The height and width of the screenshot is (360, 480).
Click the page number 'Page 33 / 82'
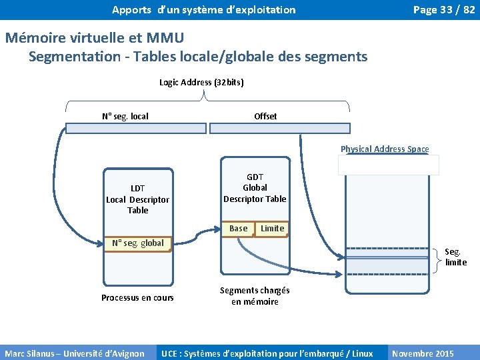click(x=443, y=9)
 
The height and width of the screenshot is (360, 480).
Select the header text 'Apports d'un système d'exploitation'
click(x=203, y=9)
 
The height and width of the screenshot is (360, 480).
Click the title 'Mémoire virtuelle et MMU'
click(x=94, y=38)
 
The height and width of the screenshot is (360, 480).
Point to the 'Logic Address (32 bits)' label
click(x=201, y=83)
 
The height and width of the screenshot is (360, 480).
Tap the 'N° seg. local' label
click(x=125, y=116)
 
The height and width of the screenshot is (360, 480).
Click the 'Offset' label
click(x=265, y=116)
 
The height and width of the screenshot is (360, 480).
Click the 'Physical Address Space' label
click(x=385, y=149)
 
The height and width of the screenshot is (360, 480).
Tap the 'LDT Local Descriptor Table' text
click(x=138, y=199)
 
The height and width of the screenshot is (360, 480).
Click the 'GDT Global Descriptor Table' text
click(x=255, y=188)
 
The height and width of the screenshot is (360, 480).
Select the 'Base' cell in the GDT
click(x=238, y=229)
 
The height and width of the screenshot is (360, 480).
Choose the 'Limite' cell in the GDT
click(x=272, y=229)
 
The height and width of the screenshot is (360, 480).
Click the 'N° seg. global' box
click(x=138, y=243)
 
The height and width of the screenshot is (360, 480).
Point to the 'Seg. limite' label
click(x=455, y=257)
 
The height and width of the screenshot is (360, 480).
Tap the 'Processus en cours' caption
click(x=137, y=297)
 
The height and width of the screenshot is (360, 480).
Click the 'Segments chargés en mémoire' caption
click(x=255, y=296)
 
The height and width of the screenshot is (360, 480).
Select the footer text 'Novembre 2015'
click(x=423, y=353)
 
